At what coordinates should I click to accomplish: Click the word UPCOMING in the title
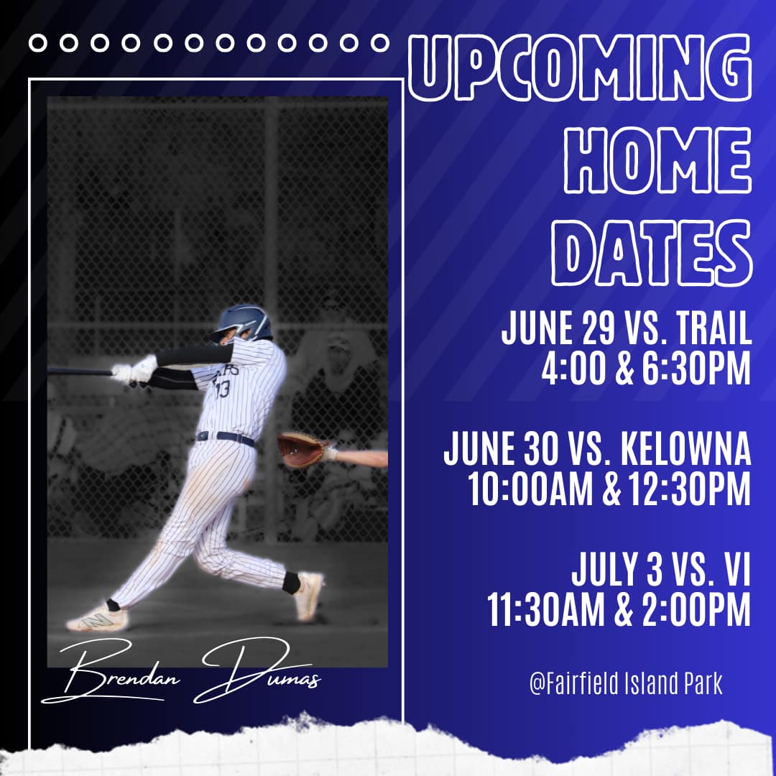point(580,68)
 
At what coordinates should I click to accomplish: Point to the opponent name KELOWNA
point(686,449)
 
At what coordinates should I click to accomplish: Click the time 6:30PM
point(696,369)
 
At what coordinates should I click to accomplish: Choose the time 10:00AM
point(530,489)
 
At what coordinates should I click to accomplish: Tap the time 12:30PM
point(689,489)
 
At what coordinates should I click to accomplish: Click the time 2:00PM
point(696,610)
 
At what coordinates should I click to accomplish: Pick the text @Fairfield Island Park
point(626,684)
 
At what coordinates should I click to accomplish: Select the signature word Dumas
point(257,670)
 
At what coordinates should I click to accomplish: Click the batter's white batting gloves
point(134,369)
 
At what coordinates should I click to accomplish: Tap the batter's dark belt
point(226,438)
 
